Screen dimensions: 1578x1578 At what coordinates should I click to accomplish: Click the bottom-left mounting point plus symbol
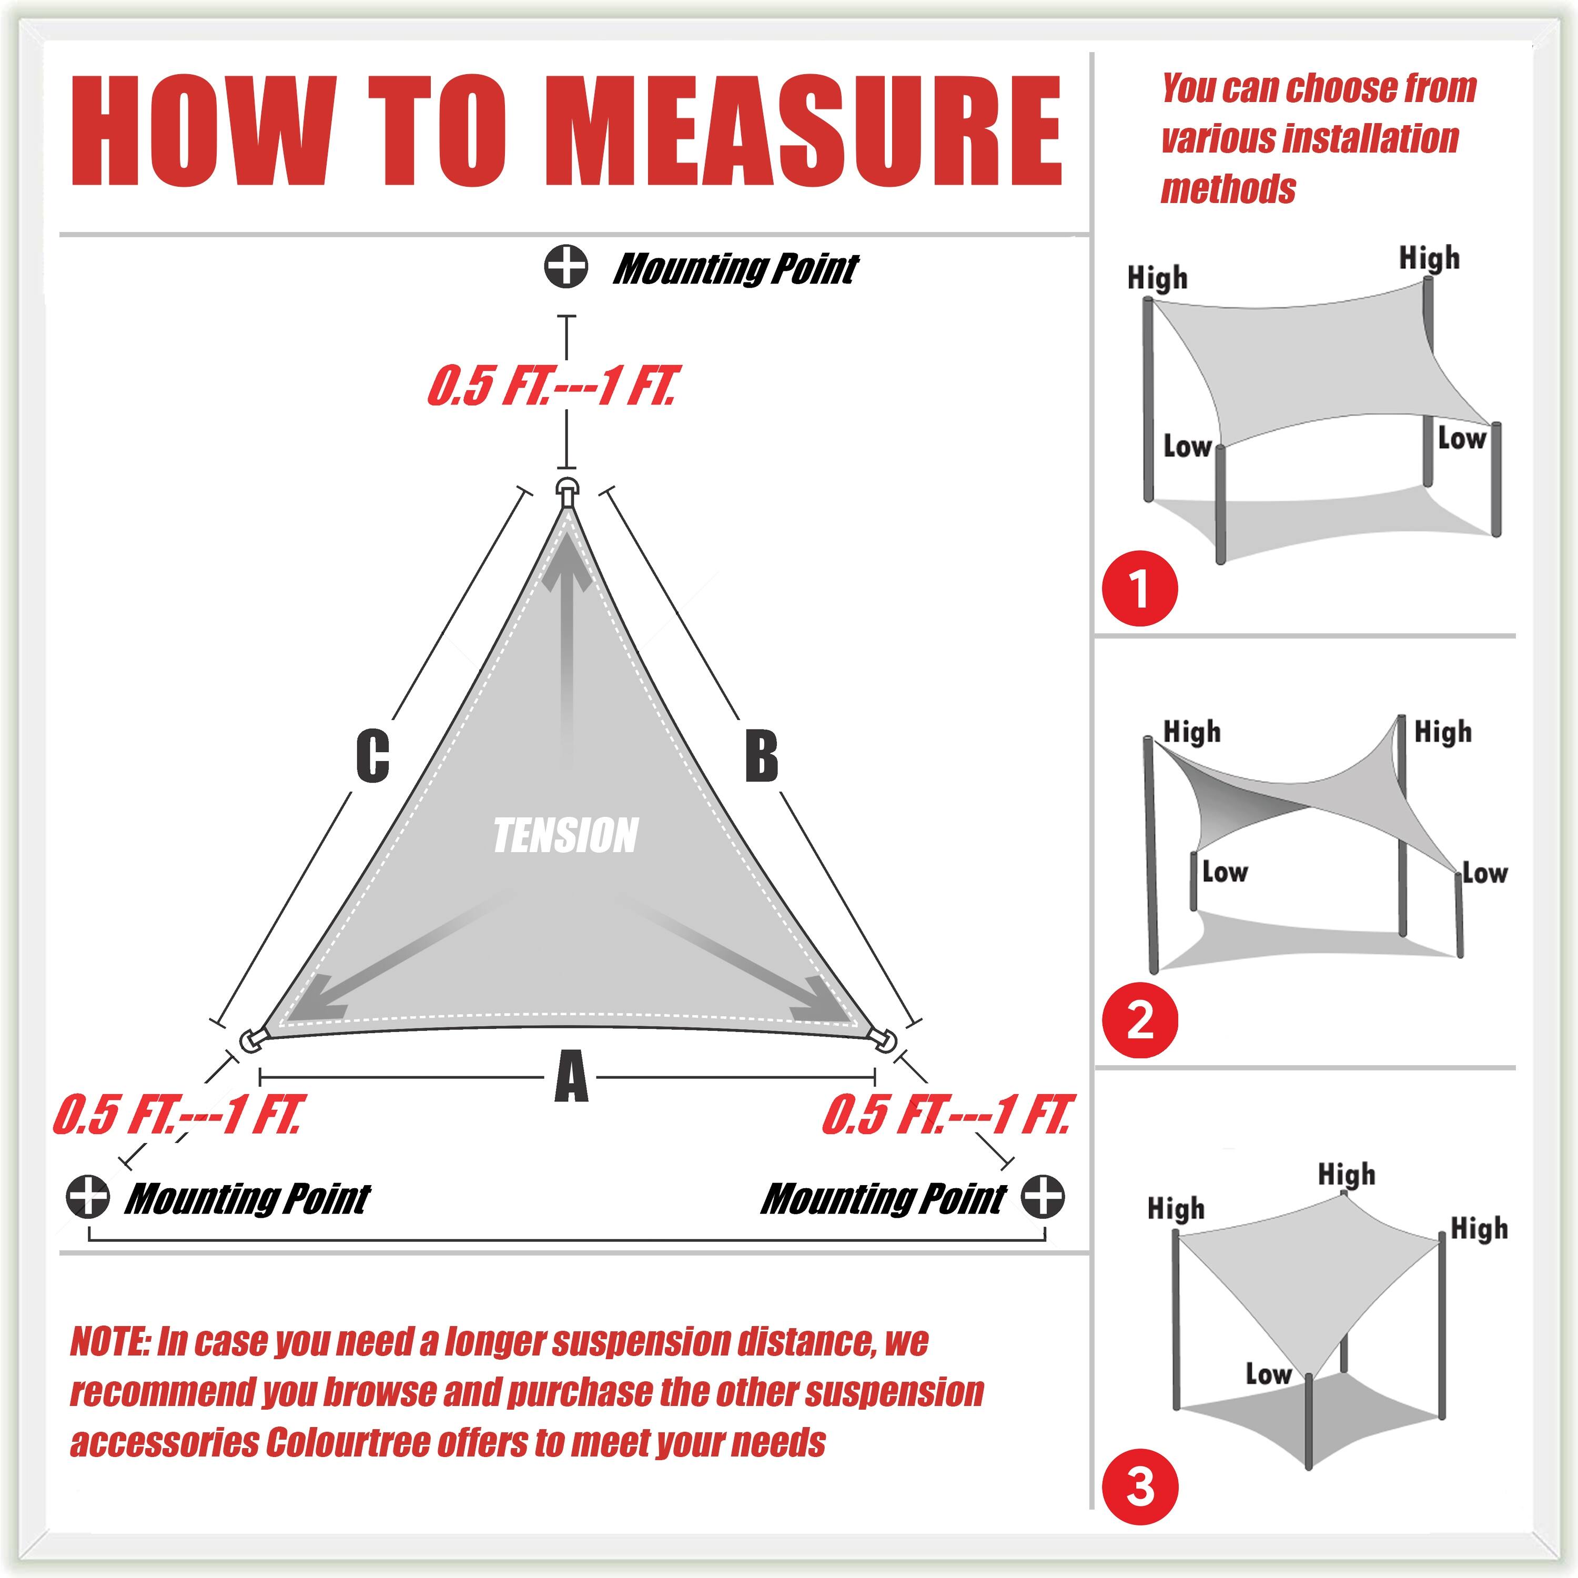[87, 1197]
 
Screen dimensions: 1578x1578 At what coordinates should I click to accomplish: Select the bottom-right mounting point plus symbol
[1043, 1197]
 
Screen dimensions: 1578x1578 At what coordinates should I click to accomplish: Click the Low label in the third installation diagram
[1268, 1373]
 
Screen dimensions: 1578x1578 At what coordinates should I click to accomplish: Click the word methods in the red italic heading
[1228, 189]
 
